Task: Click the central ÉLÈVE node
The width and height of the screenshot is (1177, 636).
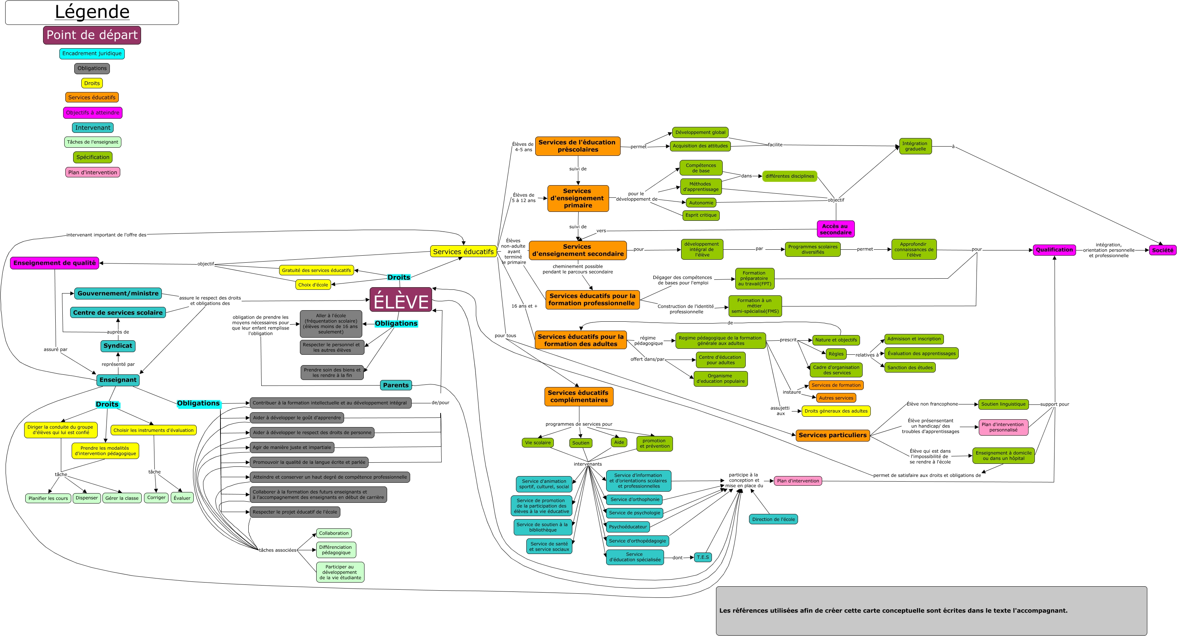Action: click(x=401, y=300)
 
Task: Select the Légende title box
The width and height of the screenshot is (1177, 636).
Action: click(x=92, y=12)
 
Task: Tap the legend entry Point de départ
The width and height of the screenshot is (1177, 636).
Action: click(x=92, y=35)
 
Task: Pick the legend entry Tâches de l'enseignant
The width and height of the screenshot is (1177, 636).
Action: click(x=93, y=142)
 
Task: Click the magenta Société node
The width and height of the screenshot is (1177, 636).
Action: click(x=1163, y=250)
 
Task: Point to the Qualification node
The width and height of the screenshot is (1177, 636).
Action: click(x=1054, y=250)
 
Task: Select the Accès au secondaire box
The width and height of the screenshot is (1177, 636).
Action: click(x=835, y=229)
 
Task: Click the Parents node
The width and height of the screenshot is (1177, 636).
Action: click(x=396, y=385)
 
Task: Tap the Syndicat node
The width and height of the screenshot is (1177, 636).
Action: click(x=118, y=346)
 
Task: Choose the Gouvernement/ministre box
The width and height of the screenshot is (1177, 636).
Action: click(x=118, y=294)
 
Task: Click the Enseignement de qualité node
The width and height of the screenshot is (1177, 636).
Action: click(x=54, y=263)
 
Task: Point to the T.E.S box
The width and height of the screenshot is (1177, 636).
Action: click(x=703, y=557)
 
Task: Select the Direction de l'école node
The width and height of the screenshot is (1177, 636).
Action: click(x=773, y=519)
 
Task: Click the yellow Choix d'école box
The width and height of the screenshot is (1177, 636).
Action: click(x=313, y=285)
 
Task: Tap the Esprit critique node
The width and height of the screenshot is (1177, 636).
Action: click(x=701, y=215)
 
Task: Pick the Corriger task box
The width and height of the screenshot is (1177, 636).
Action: click(x=156, y=498)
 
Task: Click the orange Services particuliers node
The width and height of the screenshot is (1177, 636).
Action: click(x=833, y=435)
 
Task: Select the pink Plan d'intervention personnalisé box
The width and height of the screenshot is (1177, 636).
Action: click(x=1003, y=427)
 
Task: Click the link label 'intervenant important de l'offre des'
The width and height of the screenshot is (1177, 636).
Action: click(x=107, y=235)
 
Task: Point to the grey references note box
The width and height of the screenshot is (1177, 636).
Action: click(x=931, y=610)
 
